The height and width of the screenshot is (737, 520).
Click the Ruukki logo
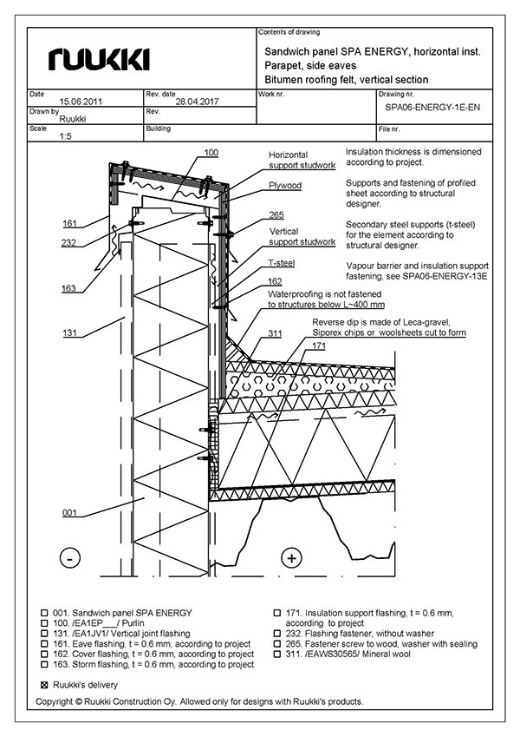100,59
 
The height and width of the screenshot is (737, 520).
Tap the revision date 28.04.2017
197,102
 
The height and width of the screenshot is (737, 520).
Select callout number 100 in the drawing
211,153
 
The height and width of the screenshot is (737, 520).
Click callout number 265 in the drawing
276,214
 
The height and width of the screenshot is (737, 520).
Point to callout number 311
275,332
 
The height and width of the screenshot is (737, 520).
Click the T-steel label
282,261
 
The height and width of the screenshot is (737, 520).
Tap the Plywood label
283,186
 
